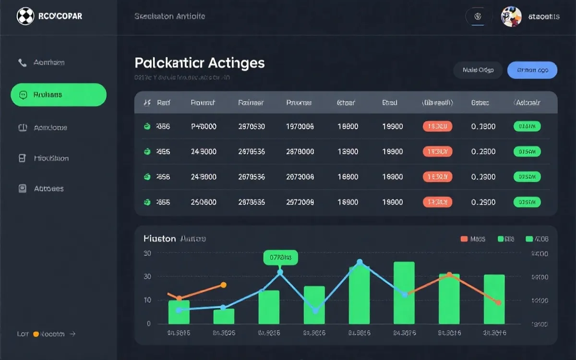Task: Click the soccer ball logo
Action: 25,16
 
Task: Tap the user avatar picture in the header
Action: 511,17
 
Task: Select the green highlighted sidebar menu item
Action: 59,95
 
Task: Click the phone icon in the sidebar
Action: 22,62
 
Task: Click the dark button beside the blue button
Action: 478,70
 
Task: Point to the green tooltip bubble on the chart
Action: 280,257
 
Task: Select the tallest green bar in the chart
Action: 404,292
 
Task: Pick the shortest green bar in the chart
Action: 224,316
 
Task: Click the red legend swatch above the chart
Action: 464,239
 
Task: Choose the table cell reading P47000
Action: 204,127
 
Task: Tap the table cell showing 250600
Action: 204,202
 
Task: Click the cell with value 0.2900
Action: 483,202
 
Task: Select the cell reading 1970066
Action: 300,127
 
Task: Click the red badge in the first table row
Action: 437,127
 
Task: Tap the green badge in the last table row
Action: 527,202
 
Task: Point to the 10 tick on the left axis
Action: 147,300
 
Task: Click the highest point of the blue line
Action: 360,262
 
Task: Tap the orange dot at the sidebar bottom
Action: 36,334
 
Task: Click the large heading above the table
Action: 200,63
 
